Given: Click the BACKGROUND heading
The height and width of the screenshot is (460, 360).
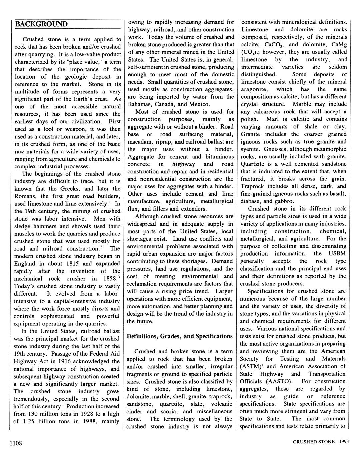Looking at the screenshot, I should click(x=41, y=24).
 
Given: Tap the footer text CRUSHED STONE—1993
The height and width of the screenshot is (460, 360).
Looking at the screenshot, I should click(x=321, y=442).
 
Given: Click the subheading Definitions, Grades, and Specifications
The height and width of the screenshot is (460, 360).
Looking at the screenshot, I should click(x=180, y=336).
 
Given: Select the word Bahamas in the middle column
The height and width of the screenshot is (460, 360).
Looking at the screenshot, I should click(x=139, y=104).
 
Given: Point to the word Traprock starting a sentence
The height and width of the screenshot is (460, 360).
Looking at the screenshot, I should click(x=252, y=186).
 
